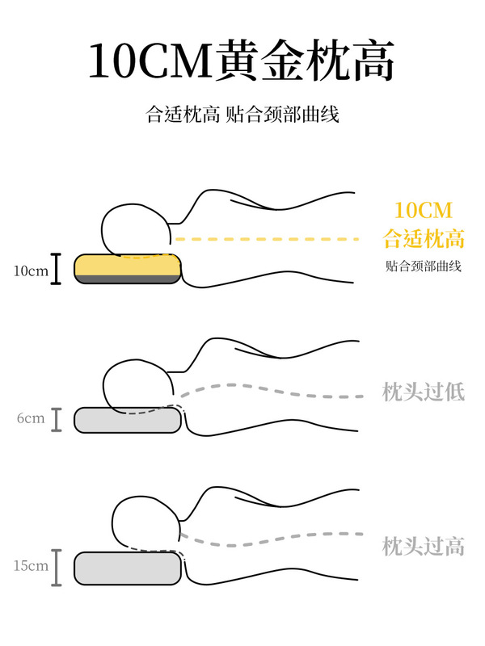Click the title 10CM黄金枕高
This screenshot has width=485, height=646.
[242, 61]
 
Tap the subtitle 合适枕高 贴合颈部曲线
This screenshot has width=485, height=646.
[242, 115]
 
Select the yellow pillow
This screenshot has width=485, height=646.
[128, 264]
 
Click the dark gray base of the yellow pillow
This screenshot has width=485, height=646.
[128, 279]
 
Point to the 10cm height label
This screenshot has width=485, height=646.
[31, 271]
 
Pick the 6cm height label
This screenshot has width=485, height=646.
[30, 419]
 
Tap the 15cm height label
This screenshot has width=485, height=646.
[30, 566]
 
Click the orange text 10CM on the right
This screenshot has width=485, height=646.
[423, 212]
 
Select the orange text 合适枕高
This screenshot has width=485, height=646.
[423, 239]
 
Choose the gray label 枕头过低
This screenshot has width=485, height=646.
[423, 392]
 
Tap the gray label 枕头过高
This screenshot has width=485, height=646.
[423, 546]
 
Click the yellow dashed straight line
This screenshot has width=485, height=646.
[267, 239]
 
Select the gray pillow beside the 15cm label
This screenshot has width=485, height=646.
[128, 568]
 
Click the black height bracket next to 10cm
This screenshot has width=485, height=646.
[57, 270]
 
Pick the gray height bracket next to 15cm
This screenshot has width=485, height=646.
[57, 567]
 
